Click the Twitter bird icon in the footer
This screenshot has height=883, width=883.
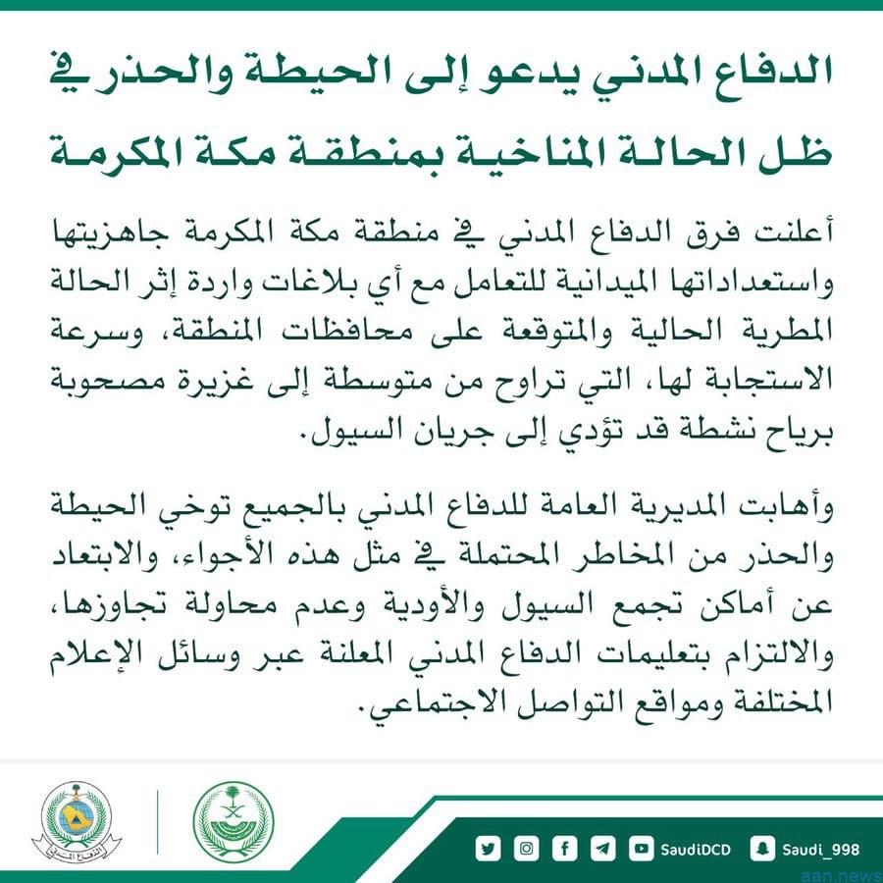click(488, 848)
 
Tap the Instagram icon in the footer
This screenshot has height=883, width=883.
click(527, 848)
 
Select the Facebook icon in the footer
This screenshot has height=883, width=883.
click(565, 848)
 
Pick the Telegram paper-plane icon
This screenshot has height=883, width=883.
click(603, 848)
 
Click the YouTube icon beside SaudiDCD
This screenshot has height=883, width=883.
click(642, 848)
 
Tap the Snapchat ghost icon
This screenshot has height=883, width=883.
click(760, 848)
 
